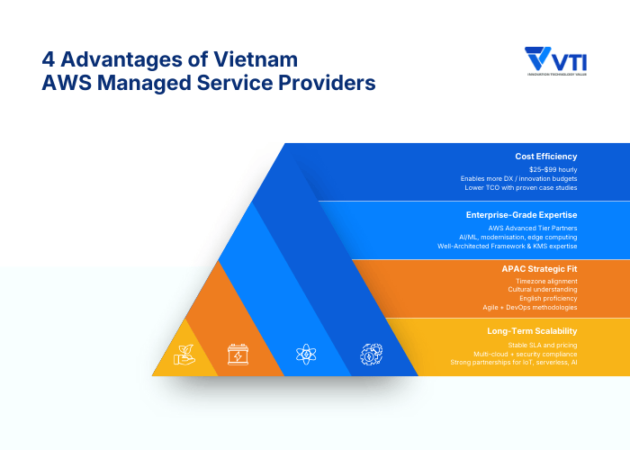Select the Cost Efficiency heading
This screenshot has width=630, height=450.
coord(546,157)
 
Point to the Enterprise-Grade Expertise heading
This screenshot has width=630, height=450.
coord(522,215)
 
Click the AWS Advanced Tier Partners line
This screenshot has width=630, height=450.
coord(533,228)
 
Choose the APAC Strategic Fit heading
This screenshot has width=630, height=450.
coord(539,268)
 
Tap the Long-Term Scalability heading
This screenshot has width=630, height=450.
coord(532,331)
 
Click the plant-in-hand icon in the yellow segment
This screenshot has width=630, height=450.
coord(184,354)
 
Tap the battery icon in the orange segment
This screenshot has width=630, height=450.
coord(238,354)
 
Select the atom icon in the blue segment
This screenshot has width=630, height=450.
coord(306,354)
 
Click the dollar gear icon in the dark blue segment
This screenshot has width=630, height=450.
coord(372,354)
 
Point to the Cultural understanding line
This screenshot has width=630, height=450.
coord(544,290)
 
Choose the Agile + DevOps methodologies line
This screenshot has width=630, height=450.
coord(530,307)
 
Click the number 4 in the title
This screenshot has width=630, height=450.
coord(49,60)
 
